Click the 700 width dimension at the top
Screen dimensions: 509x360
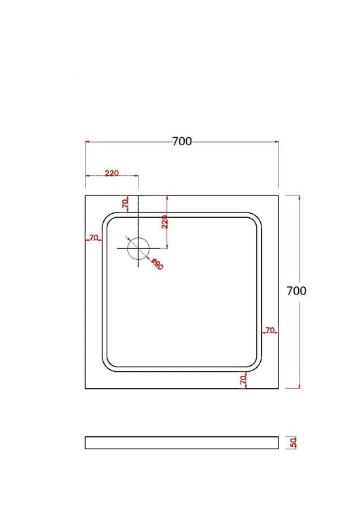pyautogui.click(x=182, y=141)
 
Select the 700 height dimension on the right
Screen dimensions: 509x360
pyautogui.click(x=297, y=290)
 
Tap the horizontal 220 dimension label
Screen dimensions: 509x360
pyautogui.click(x=112, y=173)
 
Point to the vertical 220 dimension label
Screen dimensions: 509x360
pyautogui.click(x=164, y=221)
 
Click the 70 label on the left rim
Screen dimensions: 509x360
pyautogui.click(x=94, y=238)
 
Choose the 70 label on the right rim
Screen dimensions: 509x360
pyautogui.click(x=270, y=331)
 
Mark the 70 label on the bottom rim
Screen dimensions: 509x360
pyautogui.click(x=243, y=381)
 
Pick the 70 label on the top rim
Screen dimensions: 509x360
pyautogui.click(x=125, y=203)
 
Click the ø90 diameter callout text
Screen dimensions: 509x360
pyautogui.click(x=158, y=264)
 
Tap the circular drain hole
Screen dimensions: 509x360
pyautogui.click(x=138, y=248)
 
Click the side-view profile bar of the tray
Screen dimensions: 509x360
pyautogui.click(x=181, y=442)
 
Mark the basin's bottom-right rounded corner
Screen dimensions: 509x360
pyautogui.click(x=255, y=364)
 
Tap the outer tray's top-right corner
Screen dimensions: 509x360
pyautogui.click(x=278, y=195)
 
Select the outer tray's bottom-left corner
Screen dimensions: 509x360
pyautogui.click(x=85, y=388)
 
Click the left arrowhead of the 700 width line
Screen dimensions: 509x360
pyautogui.click(x=87, y=142)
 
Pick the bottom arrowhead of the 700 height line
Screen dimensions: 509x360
pyautogui.click(x=300, y=386)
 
